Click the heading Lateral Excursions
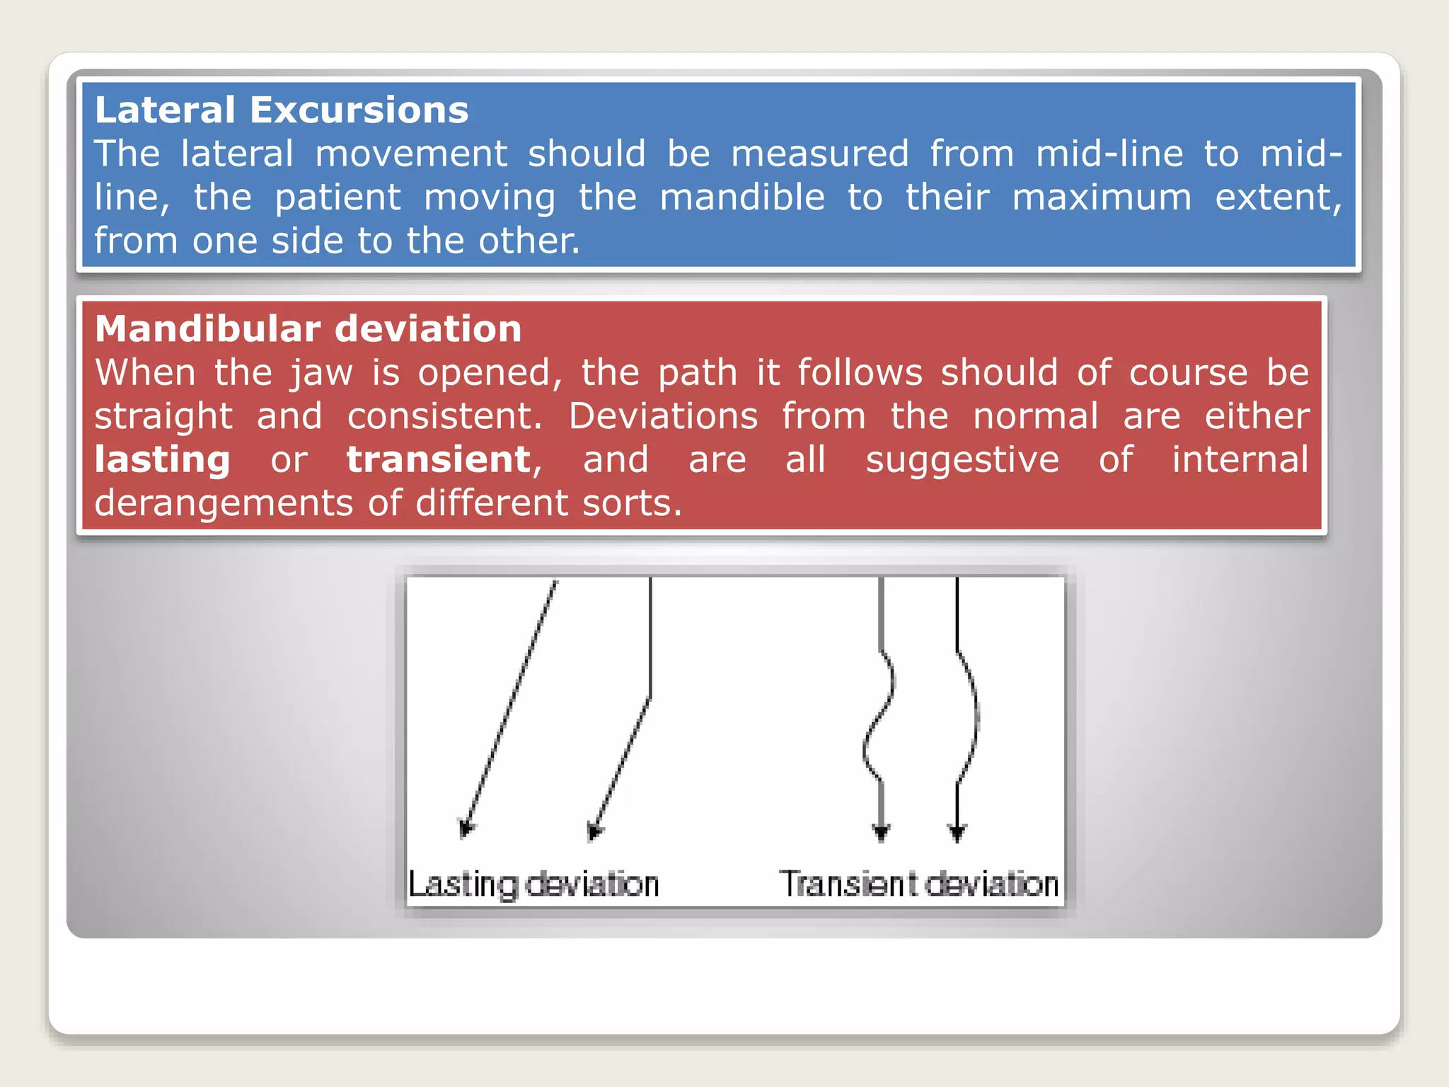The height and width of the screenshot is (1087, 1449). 282,110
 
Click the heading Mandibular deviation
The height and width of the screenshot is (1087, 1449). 308,329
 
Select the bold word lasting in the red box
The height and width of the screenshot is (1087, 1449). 163,460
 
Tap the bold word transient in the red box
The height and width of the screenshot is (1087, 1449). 439,460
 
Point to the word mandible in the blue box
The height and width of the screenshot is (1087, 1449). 742,197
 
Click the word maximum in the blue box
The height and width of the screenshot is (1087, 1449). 1102,197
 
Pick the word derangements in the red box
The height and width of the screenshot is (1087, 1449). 224,504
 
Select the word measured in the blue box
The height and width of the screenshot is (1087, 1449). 819,154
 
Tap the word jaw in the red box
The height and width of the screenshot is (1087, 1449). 321,374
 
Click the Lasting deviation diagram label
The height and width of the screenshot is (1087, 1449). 534,885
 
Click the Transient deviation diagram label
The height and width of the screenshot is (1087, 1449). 919,885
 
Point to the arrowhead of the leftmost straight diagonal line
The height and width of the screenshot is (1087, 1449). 466,828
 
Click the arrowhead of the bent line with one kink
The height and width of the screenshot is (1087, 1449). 594,831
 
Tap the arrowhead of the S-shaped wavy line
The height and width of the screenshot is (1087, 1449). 881,832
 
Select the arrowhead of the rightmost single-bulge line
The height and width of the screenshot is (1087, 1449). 957,832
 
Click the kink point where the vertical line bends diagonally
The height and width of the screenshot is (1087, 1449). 650,696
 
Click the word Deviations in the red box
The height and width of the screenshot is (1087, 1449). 663,417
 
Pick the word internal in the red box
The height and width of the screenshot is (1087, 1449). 1240,460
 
